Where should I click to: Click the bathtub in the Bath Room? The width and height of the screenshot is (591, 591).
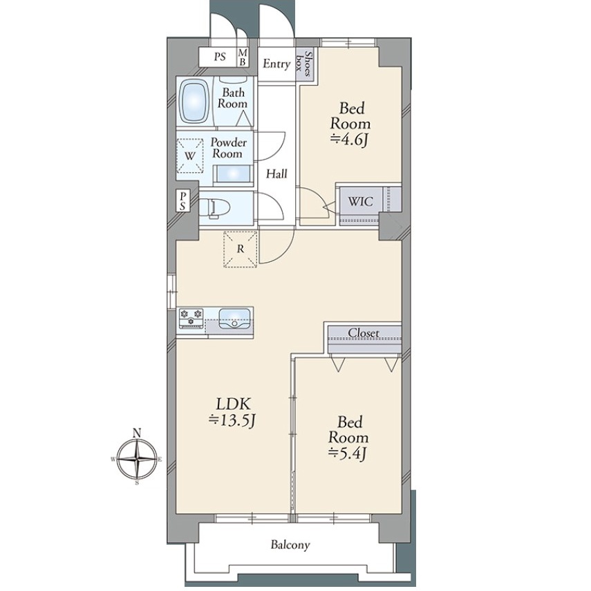point(194,101)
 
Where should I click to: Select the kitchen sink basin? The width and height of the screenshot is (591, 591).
point(234,319)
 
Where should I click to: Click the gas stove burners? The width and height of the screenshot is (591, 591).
point(191,317)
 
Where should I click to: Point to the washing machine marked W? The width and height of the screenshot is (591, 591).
point(190,156)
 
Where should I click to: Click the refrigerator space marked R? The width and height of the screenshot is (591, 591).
point(240,249)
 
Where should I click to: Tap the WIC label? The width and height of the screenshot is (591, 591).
point(360,201)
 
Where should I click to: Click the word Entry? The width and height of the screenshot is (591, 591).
point(276,64)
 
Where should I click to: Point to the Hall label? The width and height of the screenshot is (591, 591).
point(276,173)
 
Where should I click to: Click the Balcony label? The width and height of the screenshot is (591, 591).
point(290,545)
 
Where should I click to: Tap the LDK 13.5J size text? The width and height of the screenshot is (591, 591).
point(232,420)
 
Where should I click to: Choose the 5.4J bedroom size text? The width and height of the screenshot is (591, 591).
point(348,453)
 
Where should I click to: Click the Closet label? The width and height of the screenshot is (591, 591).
point(364,333)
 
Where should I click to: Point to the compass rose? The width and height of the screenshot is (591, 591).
point(137,459)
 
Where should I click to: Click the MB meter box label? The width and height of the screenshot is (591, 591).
point(243,57)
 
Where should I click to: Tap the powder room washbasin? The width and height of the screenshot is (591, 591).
point(232,174)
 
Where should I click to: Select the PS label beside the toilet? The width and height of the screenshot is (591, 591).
point(182,200)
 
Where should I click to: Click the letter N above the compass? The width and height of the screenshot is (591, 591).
point(137,433)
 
